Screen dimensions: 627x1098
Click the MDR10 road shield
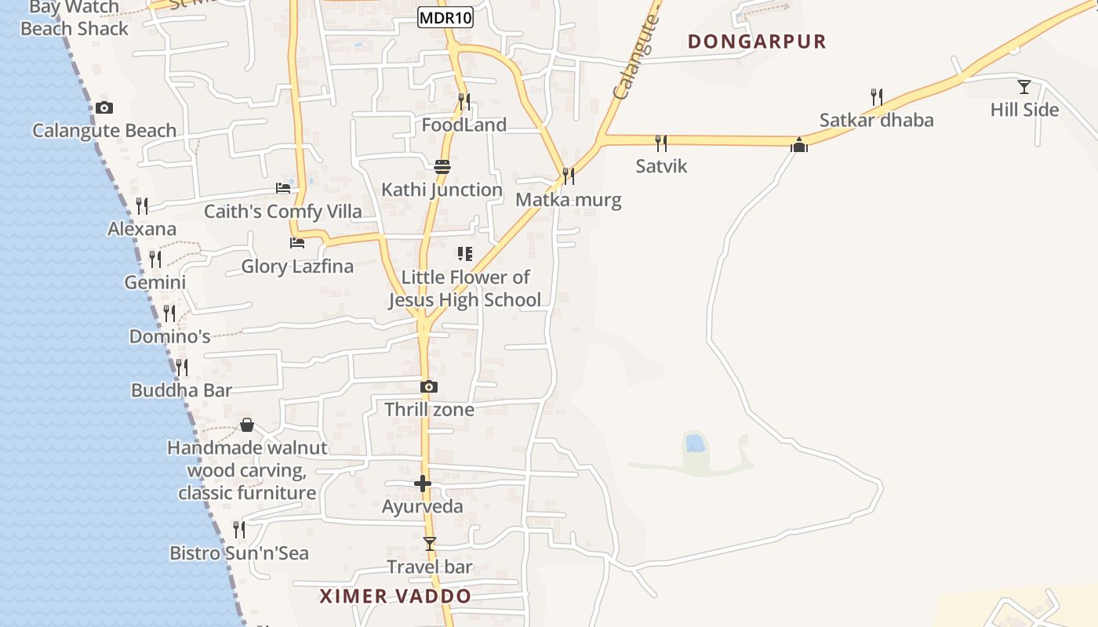click(445, 17)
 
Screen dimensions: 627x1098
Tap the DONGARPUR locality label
click(757, 42)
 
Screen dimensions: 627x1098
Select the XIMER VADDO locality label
click(395, 596)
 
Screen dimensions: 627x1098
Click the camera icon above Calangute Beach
click(104, 108)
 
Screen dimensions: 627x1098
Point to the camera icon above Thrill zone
click(428, 386)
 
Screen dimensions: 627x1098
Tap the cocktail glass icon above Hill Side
click(1024, 86)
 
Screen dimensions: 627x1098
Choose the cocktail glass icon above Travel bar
click(429, 543)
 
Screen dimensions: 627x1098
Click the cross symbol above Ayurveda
click(423, 484)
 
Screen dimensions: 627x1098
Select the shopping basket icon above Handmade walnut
click(247, 425)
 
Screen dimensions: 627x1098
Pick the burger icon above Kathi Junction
click(442, 166)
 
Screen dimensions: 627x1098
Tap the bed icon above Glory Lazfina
click(297, 243)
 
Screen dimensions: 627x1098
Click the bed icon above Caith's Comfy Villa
click(283, 188)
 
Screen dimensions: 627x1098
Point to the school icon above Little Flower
click(465, 254)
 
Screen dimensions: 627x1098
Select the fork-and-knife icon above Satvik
click(661, 143)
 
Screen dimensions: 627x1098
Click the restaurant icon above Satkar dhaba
click(877, 97)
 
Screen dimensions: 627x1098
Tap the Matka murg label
click(568, 200)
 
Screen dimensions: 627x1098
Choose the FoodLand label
click(464, 125)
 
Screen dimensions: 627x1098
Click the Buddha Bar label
click(181, 390)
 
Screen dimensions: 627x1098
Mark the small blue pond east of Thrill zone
click(695, 444)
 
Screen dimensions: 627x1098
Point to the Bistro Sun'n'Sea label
click(239, 553)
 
